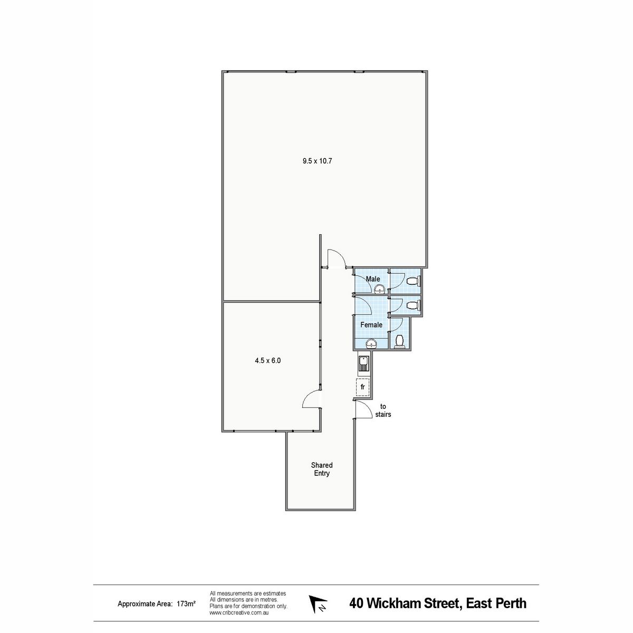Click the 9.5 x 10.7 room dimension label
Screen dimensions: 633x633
[x=317, y=161]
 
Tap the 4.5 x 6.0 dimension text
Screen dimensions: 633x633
[x=268, y=360]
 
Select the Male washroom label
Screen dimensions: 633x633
[x=373, y=279]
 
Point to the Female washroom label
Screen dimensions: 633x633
[x=371, y=324]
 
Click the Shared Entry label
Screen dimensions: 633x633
[x=322, y=469]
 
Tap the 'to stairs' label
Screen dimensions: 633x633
[x=383, y=410]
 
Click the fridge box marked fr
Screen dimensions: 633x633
[x=362, y=387]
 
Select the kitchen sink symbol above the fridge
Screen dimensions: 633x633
[x=363, y=363]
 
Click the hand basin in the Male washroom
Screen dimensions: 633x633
[x=380, y=289]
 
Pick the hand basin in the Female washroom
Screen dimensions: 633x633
[x=371, y=343]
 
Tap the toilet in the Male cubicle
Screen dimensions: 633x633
[x=413, y=281]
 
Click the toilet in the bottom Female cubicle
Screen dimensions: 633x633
[x=399, y=341]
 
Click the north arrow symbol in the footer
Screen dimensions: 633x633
[x=317, y=603]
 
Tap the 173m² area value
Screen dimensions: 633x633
[x=186, y=603]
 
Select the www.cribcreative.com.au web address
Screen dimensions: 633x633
[x=239, y=612]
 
